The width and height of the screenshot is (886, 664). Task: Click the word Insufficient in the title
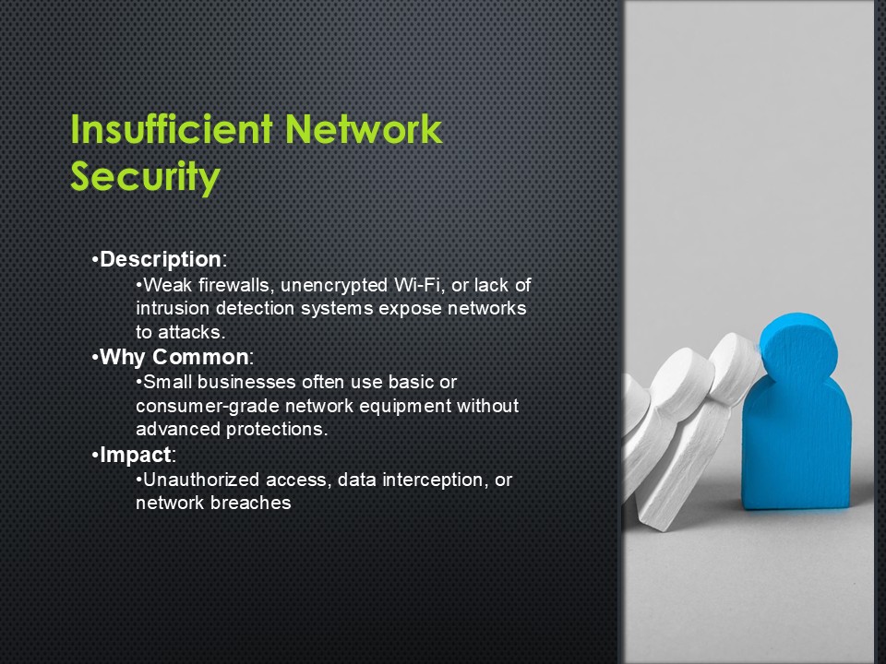tap(172, 129)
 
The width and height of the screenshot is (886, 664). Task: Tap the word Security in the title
tap(145, 177)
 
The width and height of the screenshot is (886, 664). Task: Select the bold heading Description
tap(160, 259)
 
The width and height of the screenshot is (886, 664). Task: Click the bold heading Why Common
tap(174, 357)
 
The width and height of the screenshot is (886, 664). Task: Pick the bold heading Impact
tap(135, 455)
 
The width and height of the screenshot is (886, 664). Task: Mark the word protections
tap(276, 429)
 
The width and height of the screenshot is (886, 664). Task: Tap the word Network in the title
tap(364, 129)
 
